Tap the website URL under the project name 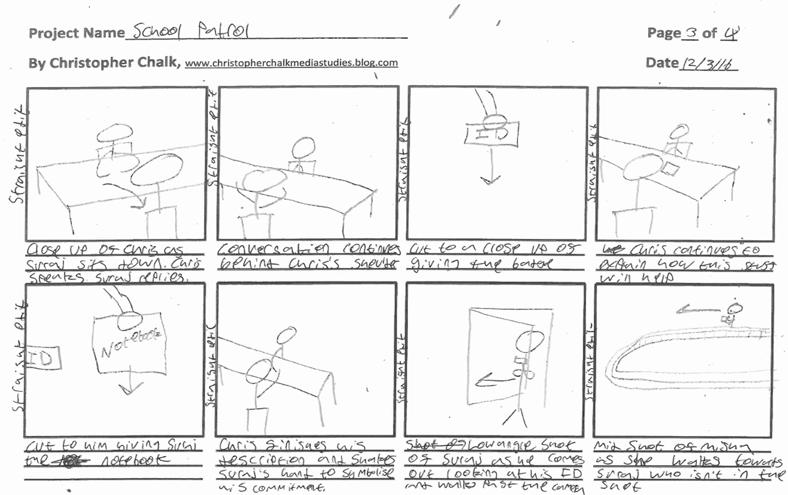click(291, 63)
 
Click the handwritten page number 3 click(691, 33)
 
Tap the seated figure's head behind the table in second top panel click(303, 148)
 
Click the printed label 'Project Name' click(76, 33)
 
